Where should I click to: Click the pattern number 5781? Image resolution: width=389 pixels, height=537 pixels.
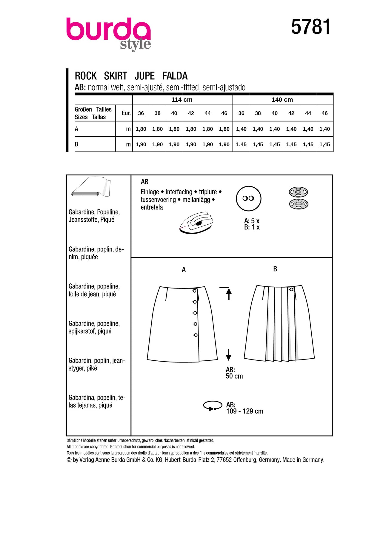[311, 27]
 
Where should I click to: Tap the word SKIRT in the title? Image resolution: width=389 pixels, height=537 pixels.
[116, 76]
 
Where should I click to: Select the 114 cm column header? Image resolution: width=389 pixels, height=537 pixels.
[182, 100]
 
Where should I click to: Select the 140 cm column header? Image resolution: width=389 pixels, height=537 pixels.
[282, 100]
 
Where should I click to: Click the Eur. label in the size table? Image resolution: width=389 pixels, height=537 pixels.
[126, 113]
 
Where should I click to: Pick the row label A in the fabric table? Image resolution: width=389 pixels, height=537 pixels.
[77, 129]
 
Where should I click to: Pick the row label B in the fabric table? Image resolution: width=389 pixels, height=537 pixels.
[77, 144]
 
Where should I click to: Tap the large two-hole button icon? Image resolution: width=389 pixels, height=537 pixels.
[248, 199]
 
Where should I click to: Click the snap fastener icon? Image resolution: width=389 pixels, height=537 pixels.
[298, 198]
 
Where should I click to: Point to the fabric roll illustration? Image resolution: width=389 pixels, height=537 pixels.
[91, 187]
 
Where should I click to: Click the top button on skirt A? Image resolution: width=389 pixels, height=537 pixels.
[194, 291]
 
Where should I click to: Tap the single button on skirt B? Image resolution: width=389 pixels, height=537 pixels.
[291, 289]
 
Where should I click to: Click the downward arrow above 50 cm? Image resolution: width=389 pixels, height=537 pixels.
[229, 355]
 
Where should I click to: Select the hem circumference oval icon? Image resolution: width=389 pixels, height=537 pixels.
[213, 406]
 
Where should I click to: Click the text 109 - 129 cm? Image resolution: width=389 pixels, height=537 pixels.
[245, 411]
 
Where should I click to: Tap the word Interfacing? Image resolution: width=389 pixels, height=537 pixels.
[179, 192]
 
